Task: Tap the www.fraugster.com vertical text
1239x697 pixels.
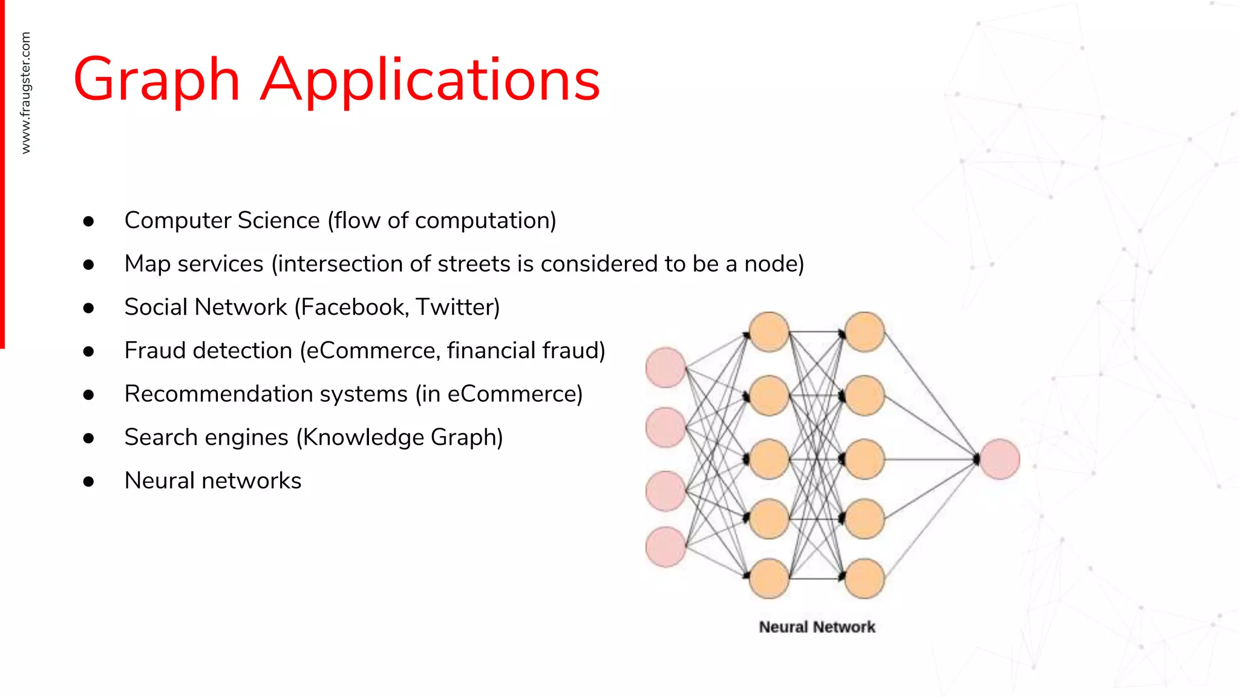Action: click(25, 93)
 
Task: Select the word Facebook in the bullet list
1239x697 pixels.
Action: click(355, 307)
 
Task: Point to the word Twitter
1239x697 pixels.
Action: click(454, 307)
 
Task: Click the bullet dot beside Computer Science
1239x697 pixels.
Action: click(89, 221)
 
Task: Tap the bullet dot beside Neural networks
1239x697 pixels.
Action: click(89, 482)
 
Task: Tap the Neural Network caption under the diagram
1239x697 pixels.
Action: click(817, 627)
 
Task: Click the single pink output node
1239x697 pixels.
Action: click(999, 459)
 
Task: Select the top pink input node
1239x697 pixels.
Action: click(665, 367)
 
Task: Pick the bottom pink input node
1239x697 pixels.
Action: click(665, 547)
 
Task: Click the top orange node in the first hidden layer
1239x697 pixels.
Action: click(769, 332)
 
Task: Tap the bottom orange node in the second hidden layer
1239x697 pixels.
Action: click(865, 578)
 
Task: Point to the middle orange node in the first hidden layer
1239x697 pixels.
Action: click(769, 459)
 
